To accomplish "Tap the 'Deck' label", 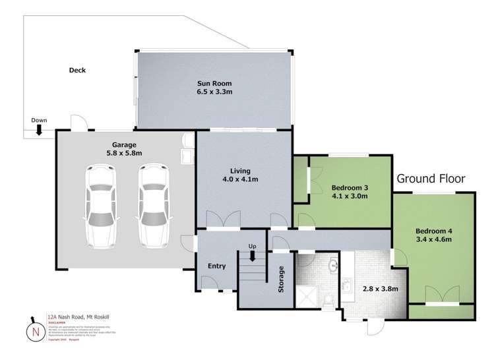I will pos(77,71).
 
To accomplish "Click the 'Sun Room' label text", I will pos(214,84).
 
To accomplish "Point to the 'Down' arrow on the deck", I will pos(40,130).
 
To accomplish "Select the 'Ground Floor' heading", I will pos(431,179).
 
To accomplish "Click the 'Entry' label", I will pos(216,266).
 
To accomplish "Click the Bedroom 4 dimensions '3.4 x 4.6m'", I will pos(433,241).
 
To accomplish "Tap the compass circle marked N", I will pos(35,332).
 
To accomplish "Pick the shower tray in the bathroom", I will pos(309,297).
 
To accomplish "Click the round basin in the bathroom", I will pos(332,266).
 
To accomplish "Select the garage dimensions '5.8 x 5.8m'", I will pos(124,153).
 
